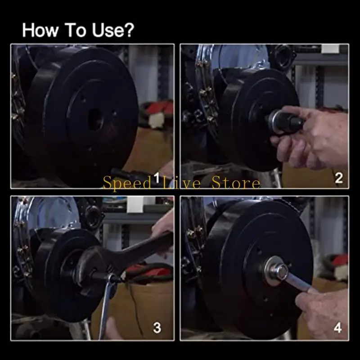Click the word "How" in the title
coord(40,30)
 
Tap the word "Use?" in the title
coord(113,30)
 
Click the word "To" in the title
coord(75,30)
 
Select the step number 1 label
coord(157,177)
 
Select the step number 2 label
coord(339,178)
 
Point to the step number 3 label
coord(157,328)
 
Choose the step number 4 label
coord(337,328)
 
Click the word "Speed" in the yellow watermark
coord(126,183)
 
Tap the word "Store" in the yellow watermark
coord(236,183)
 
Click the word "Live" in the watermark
coord(181,183)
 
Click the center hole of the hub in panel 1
coord(96,119)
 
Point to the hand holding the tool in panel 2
coord(313,137)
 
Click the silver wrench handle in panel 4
coord(298,283)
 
